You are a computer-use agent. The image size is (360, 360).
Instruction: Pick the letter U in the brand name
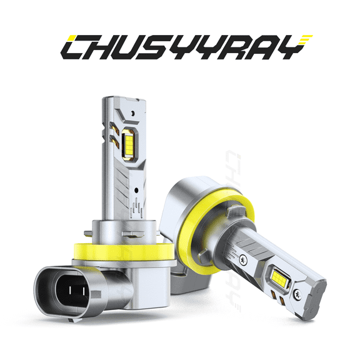tap(131, 47)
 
